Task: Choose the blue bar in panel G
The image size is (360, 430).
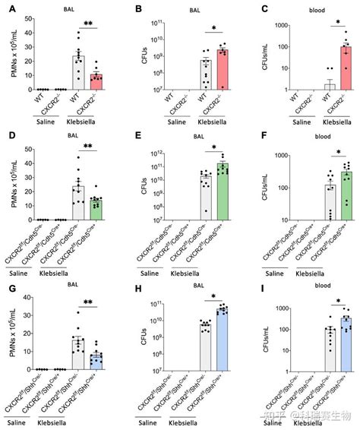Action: click(95, 350)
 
